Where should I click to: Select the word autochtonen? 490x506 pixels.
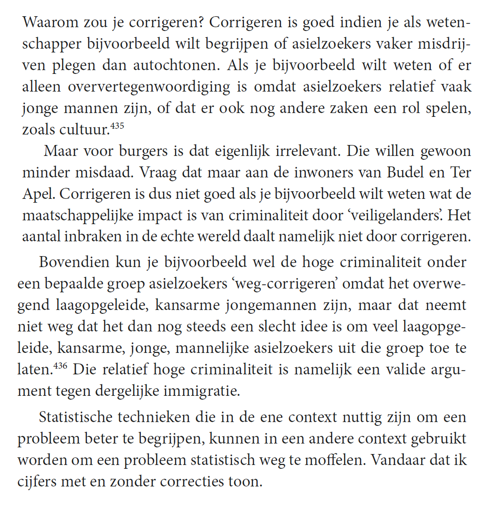(x=187, y=65)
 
